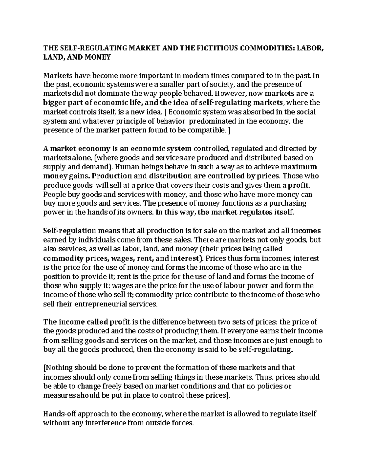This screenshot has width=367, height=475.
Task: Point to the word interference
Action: (x=100, y=423)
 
